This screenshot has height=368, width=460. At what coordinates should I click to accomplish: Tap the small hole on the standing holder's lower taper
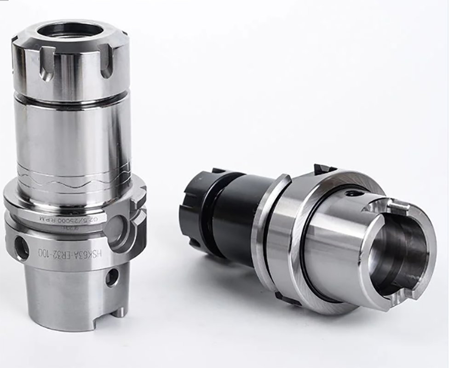[x=111, y=277]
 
